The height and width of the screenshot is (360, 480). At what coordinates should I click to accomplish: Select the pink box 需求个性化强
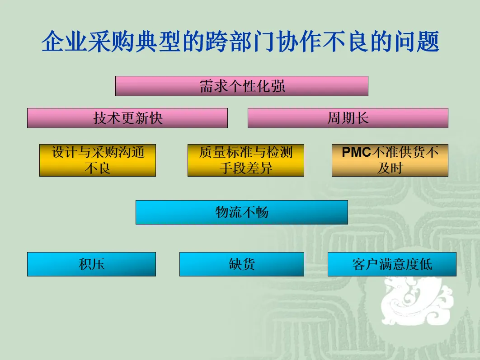(x=241, y=86)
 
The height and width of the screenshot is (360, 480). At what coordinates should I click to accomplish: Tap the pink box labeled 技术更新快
(x=127, y=118)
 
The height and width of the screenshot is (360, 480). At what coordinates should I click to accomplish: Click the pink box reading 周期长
(x=348, y=118)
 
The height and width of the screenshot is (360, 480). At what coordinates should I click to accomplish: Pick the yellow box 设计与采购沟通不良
(x=98, y=160)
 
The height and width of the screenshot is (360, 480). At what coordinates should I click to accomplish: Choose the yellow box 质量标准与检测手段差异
(x=245, y=160)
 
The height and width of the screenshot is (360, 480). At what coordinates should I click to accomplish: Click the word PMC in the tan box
(x=356, y=153)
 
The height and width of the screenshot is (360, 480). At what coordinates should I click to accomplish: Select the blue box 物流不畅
(x=241, y=212)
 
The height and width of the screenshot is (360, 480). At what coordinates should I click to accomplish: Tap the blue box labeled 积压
(x=91, y=264)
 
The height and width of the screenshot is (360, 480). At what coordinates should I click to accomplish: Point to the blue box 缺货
(x=241, y=264)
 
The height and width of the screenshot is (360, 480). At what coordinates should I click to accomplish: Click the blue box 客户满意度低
(x=391, y=264)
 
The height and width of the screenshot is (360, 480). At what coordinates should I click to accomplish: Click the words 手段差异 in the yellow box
(x=246, y=168)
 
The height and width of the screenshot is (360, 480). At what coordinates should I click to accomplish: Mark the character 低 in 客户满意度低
(x=426, y=264)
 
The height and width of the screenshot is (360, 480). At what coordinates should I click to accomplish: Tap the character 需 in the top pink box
(x=207, y=86)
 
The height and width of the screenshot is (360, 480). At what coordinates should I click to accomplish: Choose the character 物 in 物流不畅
(x=222, y=212)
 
